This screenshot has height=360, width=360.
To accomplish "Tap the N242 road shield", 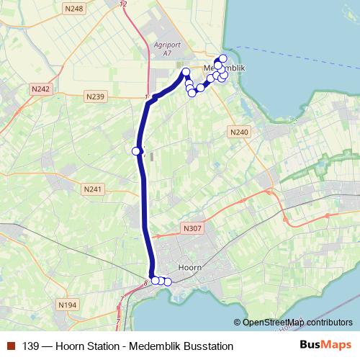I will point(40,89).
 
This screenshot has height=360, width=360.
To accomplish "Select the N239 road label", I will point(94,96).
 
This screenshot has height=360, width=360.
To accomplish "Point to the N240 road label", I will point(240,132).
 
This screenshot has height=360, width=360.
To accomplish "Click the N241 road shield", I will point(94,189).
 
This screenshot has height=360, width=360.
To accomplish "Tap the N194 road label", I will point(68,305).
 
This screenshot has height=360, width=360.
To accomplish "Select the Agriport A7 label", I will point(167,48).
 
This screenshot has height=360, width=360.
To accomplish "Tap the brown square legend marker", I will point(10,346).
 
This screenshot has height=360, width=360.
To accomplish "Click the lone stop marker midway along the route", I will point(135,150).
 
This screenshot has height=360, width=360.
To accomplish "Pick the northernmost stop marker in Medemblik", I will point(223,58).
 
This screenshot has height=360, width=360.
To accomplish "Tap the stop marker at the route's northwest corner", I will point(186,71).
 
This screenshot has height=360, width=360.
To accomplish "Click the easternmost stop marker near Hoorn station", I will point(168,282).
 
